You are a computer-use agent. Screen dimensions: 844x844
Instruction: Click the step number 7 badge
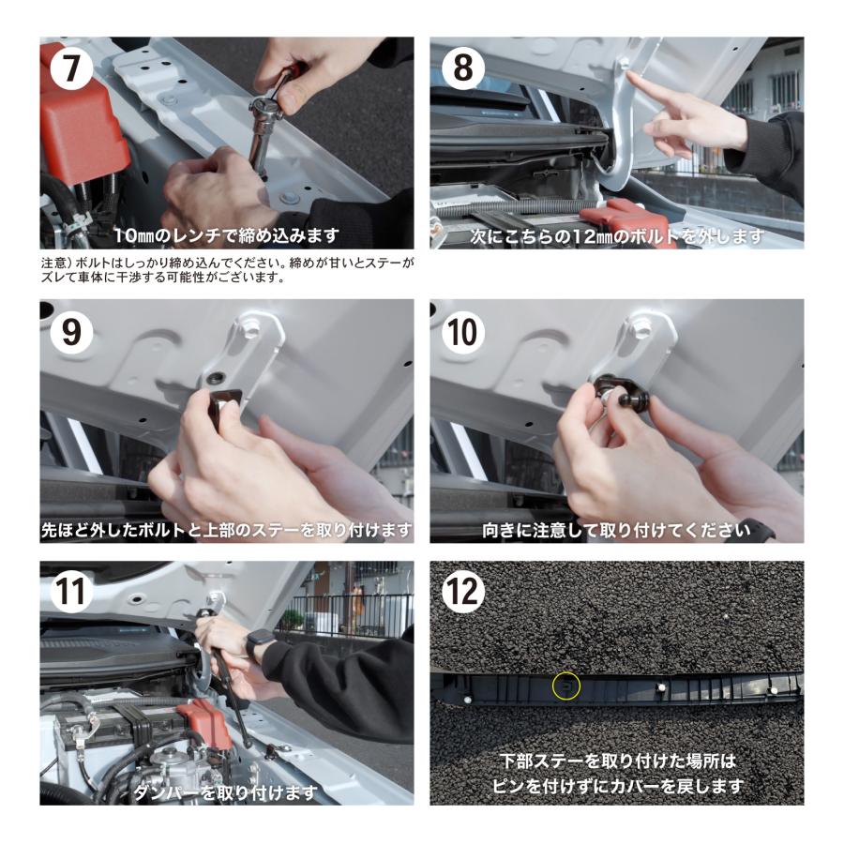(x=71, y=68)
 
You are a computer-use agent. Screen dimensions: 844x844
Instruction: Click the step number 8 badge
(x=463, y=68)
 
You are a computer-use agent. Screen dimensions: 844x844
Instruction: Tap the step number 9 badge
(x=71, y=332)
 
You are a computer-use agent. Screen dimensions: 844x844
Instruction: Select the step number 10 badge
(x=463, y=332)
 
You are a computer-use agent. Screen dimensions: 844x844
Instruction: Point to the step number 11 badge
(x=71, y=592)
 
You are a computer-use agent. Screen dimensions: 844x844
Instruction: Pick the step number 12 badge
(x=463, y=592)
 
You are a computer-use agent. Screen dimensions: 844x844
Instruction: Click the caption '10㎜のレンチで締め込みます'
(x=227, y=235)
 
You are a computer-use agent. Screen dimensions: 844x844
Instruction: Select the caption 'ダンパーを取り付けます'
(x=225, y=792)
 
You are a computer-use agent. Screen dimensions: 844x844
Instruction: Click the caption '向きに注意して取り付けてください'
(x=616, y=531)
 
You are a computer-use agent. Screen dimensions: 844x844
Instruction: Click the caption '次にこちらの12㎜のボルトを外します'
(x=617, y=235)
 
